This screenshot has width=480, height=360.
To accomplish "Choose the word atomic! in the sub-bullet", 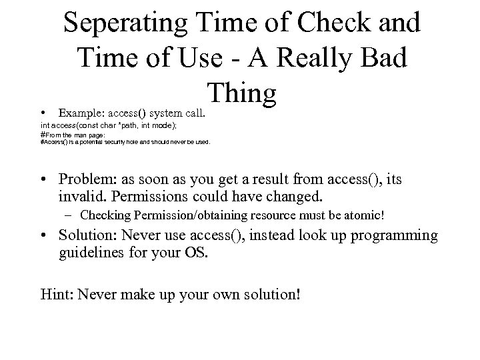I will pos(366,215).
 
